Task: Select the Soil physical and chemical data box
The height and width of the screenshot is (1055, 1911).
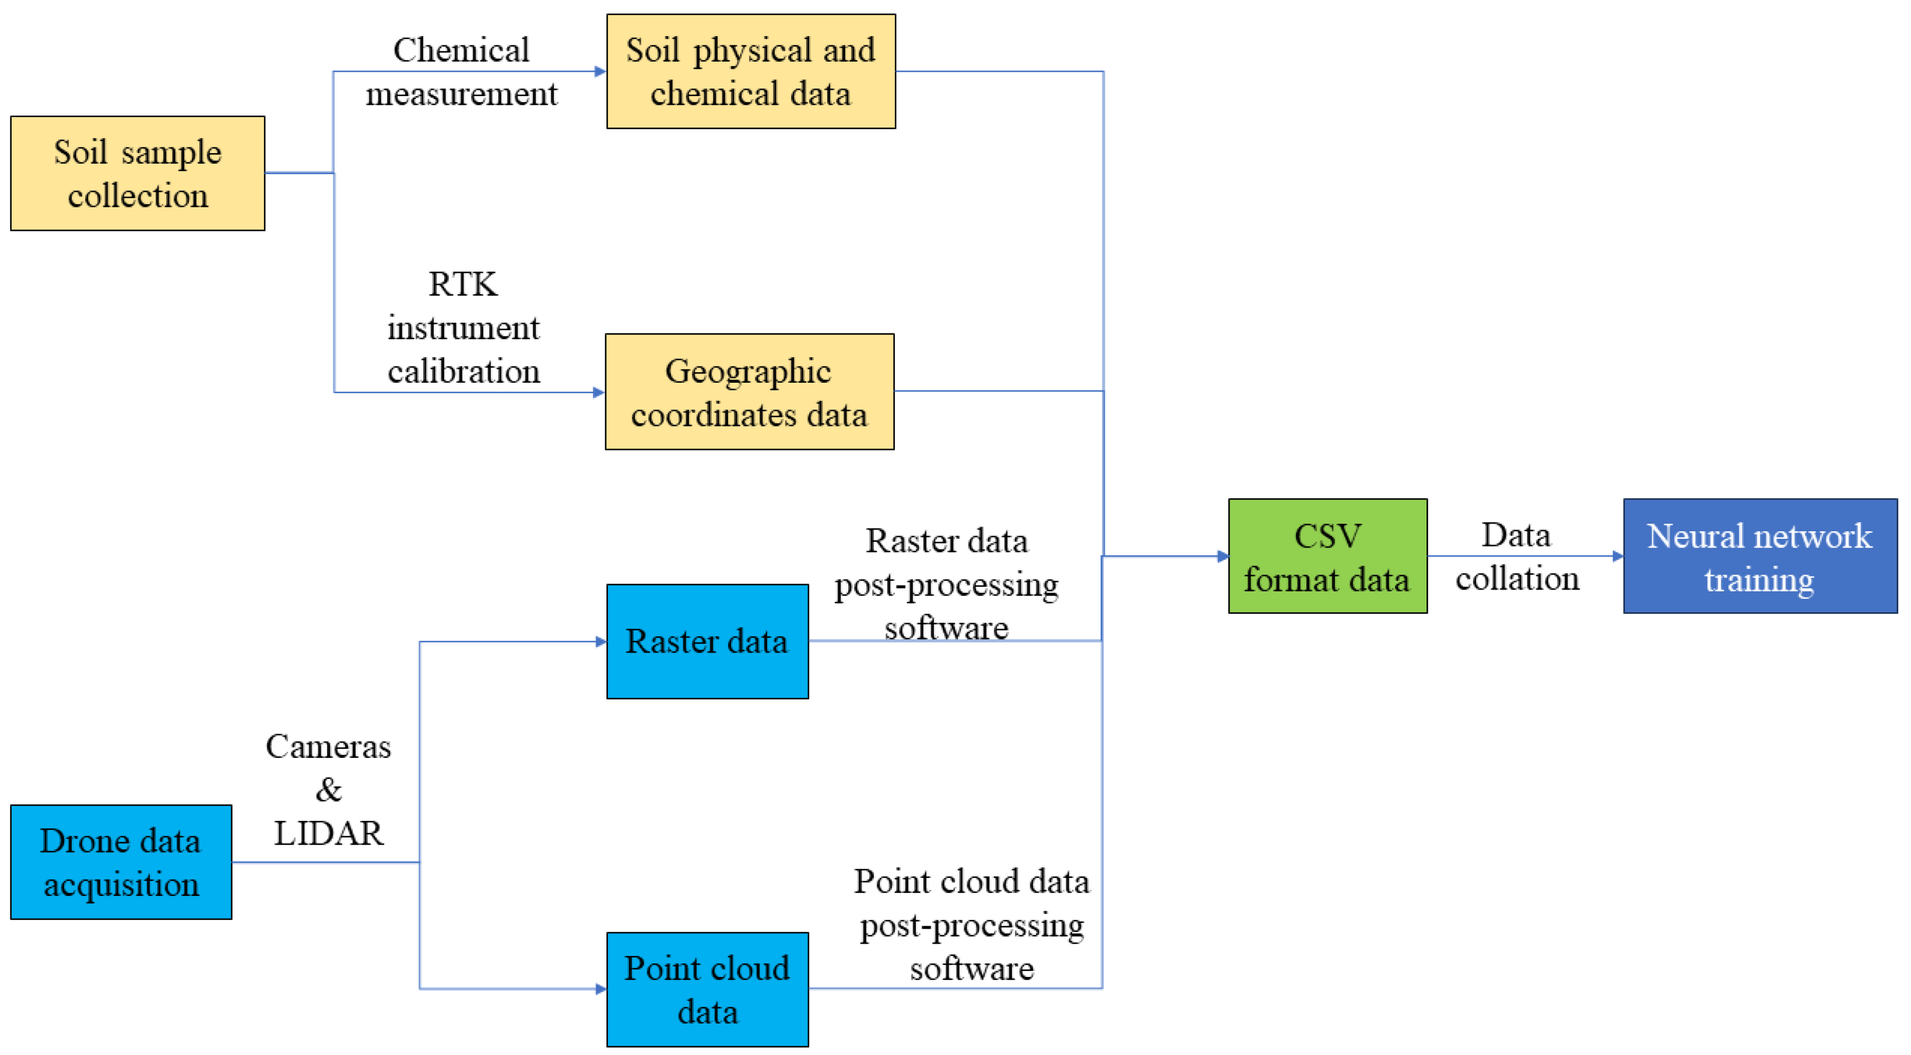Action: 751,71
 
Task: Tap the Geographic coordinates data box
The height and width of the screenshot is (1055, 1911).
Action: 749,391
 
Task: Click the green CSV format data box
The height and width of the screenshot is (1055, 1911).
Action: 1327,556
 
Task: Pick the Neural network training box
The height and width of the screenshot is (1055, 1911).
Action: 1759,556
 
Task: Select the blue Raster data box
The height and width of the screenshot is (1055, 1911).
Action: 707,641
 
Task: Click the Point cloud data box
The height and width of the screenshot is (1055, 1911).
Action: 707,989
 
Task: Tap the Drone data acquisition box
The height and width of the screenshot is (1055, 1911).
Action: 121,862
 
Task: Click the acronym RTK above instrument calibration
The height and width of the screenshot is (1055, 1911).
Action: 463,284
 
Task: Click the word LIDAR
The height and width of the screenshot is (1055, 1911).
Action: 329,833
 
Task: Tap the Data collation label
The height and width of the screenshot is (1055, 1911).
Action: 1517,556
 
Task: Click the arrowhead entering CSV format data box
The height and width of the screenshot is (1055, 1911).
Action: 1223,556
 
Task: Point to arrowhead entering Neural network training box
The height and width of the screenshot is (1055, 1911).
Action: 1617,556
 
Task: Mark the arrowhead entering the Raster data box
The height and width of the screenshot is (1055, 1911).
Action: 601,642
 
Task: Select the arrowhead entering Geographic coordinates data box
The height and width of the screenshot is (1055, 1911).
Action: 599,392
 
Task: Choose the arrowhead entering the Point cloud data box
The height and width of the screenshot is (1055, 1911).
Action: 601,989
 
